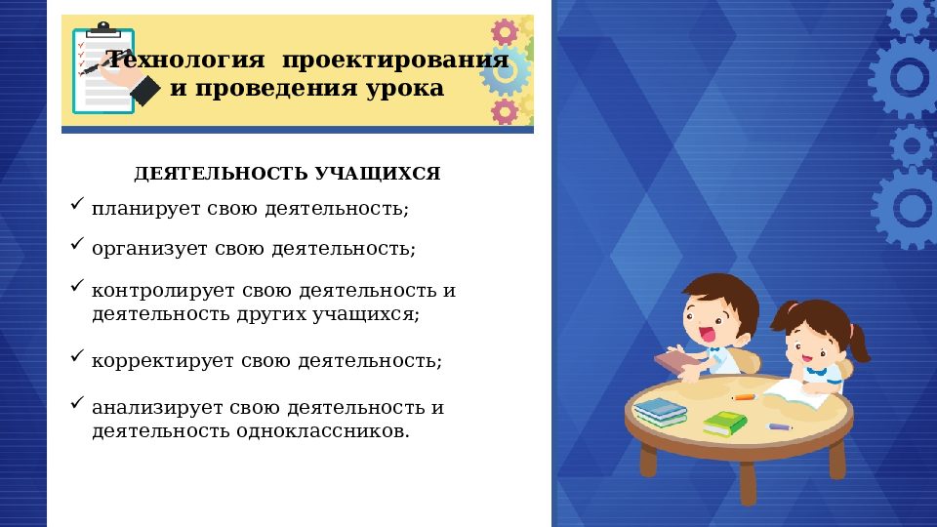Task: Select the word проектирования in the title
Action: tap(394, 61)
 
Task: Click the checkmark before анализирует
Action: tap(78, 402)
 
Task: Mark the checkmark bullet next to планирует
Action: tap(78, 204)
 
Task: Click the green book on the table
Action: tap(724, 424)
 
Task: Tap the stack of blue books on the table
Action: tap(661, 411)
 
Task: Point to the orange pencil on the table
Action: tap(744, 397)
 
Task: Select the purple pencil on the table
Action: tap(780, 426)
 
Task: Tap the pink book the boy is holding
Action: tap(675, 361)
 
